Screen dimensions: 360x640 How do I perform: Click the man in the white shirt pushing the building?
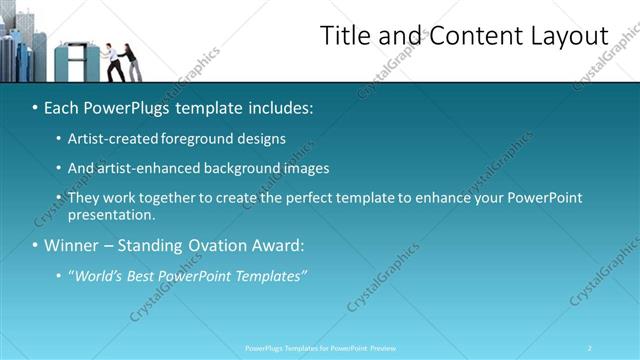(115, 62)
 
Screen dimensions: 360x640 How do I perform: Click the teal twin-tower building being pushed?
(75, 61)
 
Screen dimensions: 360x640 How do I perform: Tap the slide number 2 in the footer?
(590, 348)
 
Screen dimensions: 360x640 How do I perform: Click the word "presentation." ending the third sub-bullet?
(111, 214)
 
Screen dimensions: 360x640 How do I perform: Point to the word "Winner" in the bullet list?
(72, 245)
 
